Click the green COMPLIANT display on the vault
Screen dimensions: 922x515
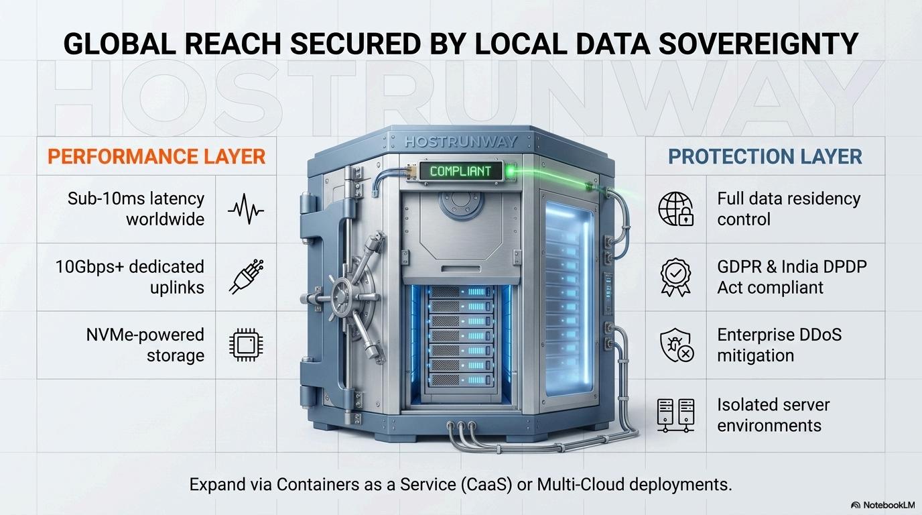click(460, 171)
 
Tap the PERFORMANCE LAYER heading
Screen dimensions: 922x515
click(157, 157)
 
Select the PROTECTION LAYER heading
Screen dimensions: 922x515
click(765, 157)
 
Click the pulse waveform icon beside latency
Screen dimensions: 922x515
click(245, 209)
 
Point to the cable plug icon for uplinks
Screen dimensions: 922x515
click(245, 277)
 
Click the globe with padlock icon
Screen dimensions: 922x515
click(675, 209)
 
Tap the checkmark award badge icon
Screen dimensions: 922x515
click(675, 277)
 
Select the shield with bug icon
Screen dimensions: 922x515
click(675, 345)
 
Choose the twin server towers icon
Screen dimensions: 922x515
click(675, 414)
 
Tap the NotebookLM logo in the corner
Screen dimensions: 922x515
click(882, 505)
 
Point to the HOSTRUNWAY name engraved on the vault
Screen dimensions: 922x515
click(461, 141)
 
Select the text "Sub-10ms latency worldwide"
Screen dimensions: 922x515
click(136, 209)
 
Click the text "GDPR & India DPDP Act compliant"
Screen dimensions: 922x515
click(791, 277)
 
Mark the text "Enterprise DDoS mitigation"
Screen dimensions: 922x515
click(779, 345)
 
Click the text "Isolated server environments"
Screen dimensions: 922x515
click(773, 415)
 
